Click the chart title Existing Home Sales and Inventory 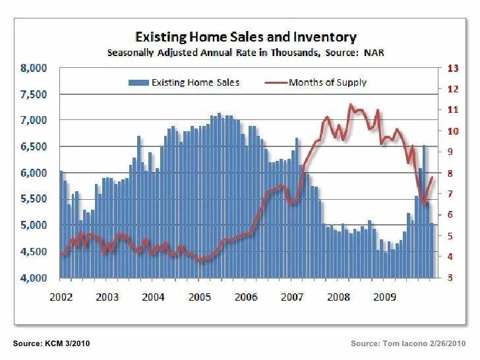point(245,37)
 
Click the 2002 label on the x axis point(61,297)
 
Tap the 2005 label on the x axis point(200,297)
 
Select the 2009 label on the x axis point(384,297)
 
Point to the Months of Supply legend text point(328,82)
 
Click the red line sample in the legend point(276,82)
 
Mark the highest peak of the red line point(350,104)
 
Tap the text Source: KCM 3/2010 point(51,344)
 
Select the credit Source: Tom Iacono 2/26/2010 point(408,344)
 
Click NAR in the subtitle point(370,53)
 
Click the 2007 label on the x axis point(292,297)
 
